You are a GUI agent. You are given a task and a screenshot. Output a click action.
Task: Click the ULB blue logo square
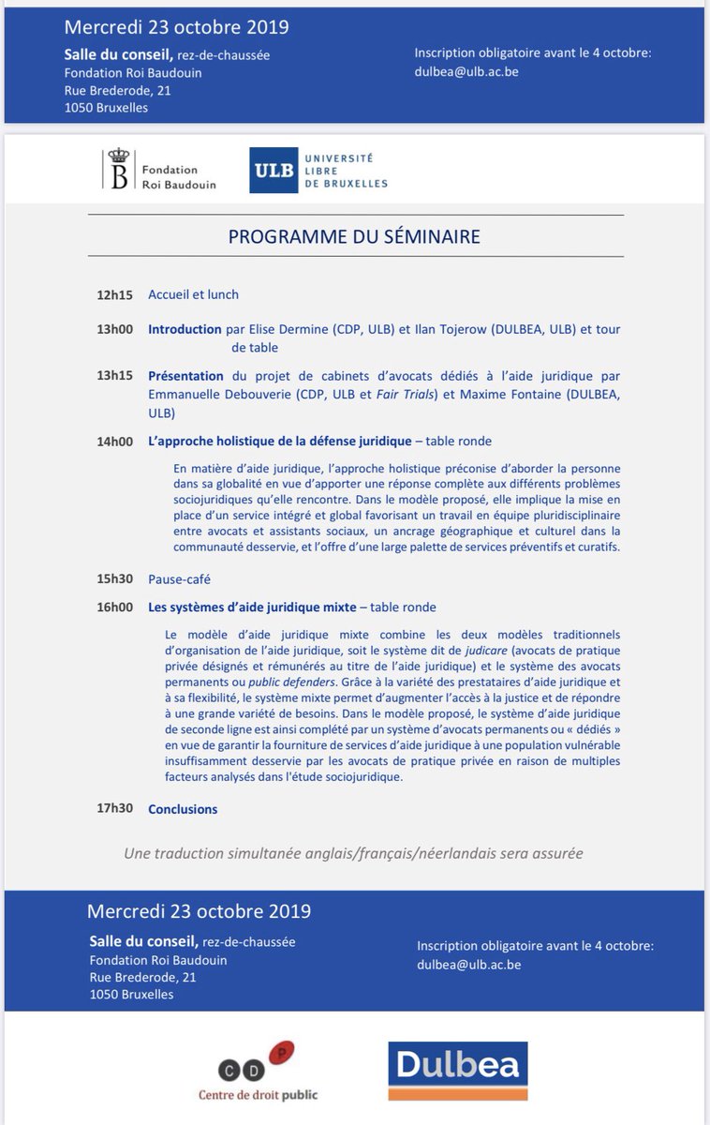[x=273, y=170]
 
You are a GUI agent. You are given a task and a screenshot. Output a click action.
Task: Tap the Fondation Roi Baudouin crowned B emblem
[x=119, y=170]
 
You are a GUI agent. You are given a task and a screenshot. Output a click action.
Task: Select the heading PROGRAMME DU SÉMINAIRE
[x=354, y=236]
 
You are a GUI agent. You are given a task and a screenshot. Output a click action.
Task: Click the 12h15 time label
[x=115, y=294]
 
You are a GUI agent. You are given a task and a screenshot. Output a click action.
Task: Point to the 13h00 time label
[x=115, y=330]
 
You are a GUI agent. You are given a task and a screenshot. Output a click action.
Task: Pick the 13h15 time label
[x=115, y=376]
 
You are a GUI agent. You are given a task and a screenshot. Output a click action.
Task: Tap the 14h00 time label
[x=115, y=441]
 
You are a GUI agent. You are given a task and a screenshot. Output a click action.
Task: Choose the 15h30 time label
[x=115, y=579]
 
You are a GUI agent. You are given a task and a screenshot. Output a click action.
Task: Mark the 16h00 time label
[x=115, y=607]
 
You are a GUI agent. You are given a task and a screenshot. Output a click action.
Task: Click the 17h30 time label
[x=115, y=809]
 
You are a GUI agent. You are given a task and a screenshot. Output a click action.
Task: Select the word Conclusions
[x=183, y=809]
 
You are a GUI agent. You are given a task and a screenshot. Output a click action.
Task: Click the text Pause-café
[x=179, y=579]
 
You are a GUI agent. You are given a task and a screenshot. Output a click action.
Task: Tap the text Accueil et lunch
[x=193, y=294]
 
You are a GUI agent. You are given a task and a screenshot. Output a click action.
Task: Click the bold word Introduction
[x=185, y=330]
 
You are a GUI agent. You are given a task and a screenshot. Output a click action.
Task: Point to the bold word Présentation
[x=185, y=376]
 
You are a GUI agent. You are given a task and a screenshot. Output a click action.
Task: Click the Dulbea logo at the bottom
[x=458, y=1071]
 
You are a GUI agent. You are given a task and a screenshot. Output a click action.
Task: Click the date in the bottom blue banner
[x=199, y=911]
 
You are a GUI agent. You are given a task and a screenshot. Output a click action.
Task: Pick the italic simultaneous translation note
[x=354, y=853]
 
